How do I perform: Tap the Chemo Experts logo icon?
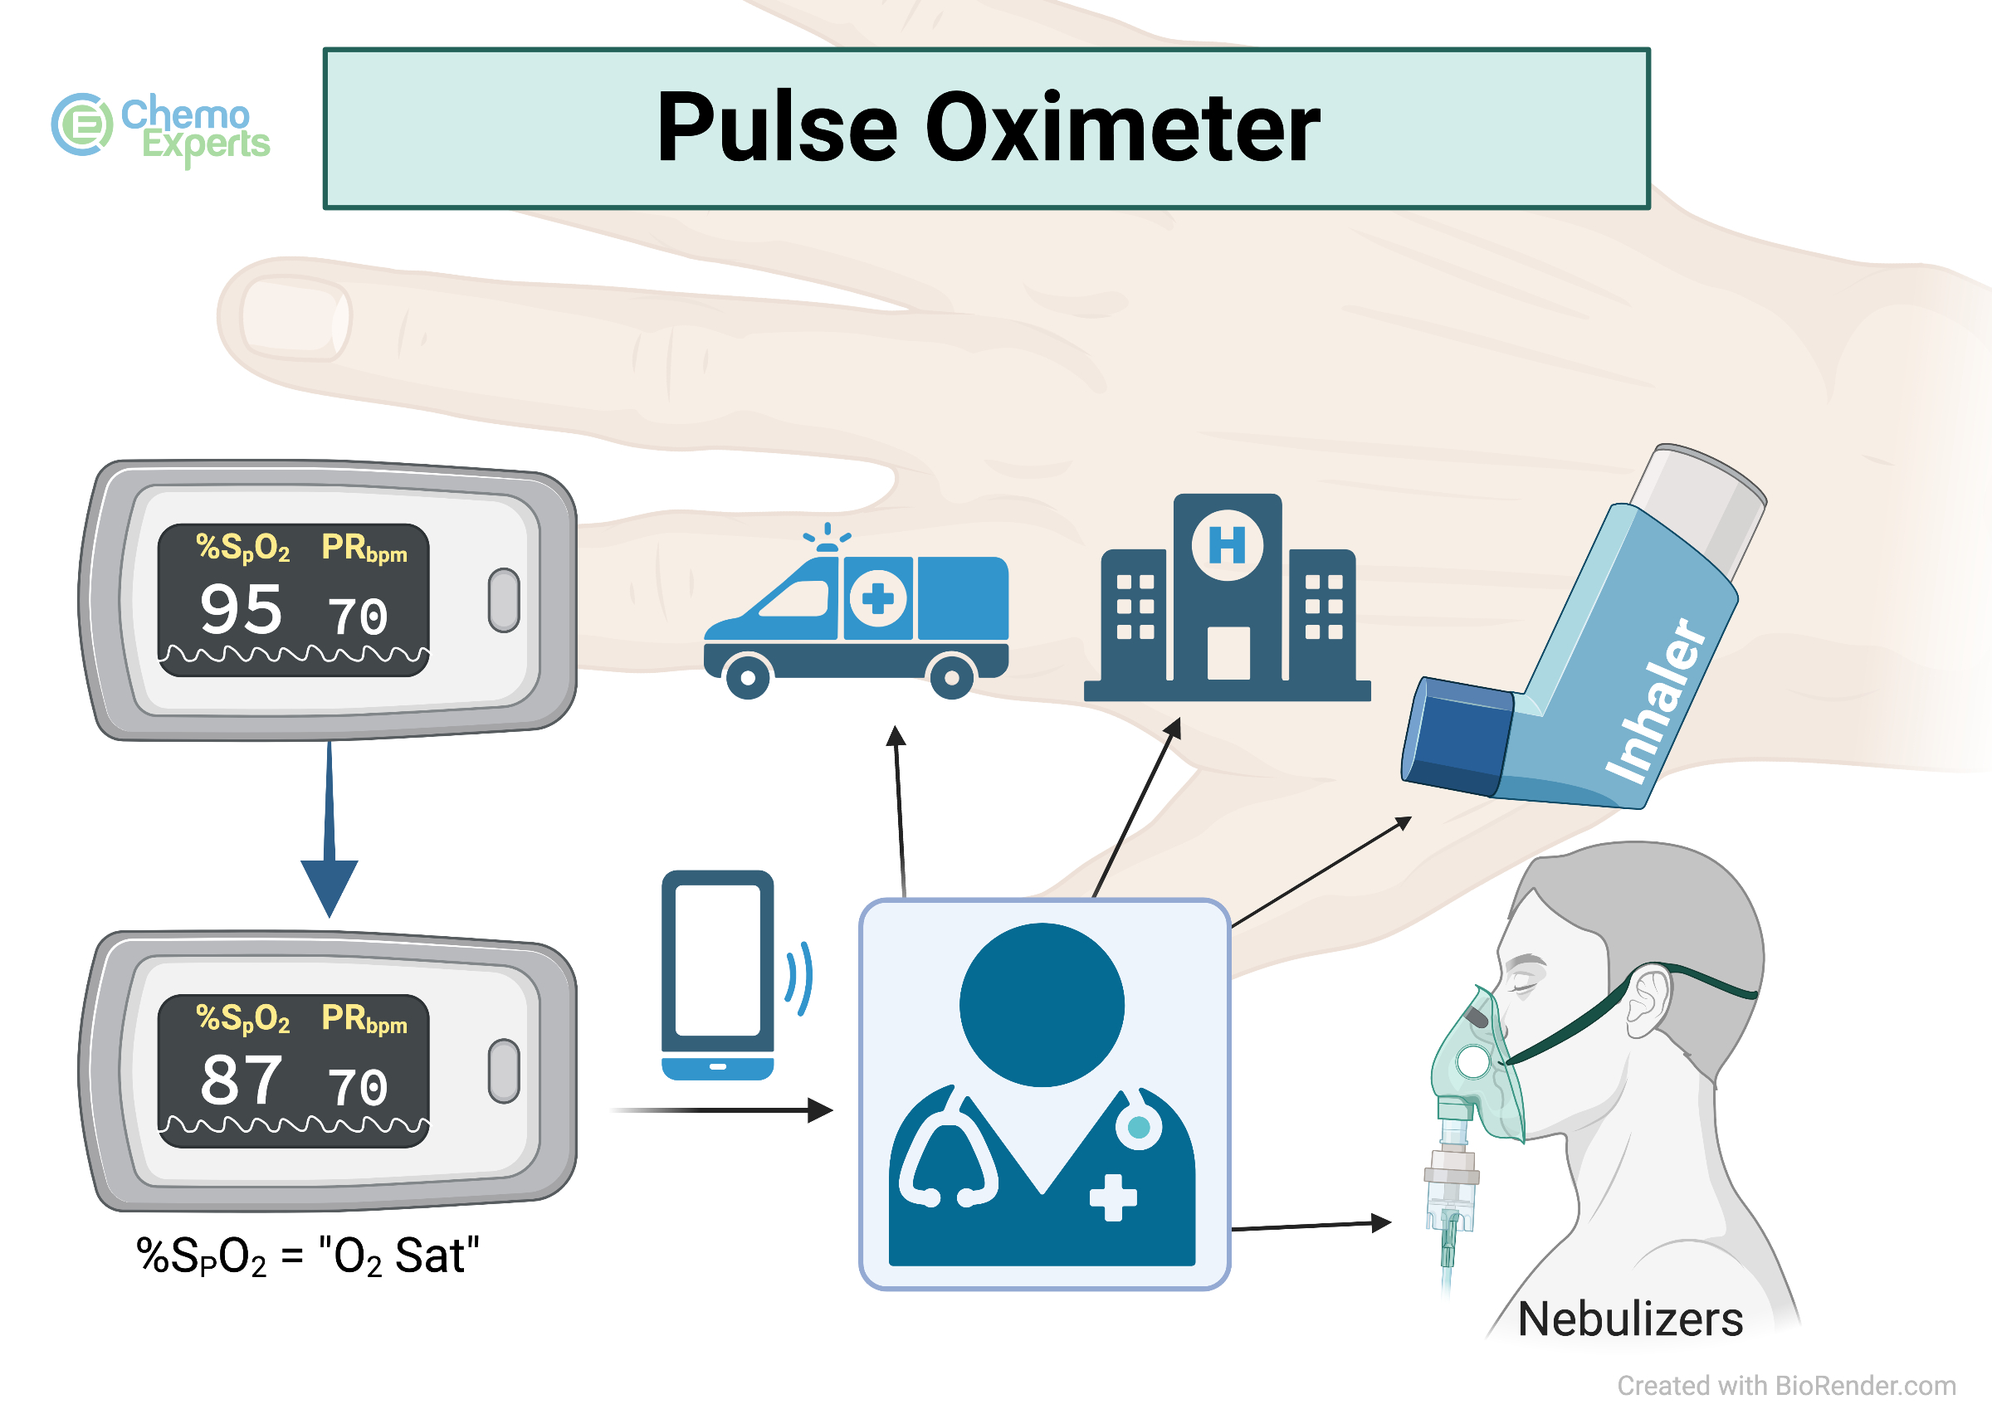tap(82, 125)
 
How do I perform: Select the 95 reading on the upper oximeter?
tap(242, 609)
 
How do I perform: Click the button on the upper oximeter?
tap(503, 600)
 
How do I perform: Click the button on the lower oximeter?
tap(503, 1071)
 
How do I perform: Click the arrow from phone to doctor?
tap(725, 1109)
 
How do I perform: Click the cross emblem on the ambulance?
tap(877, 598)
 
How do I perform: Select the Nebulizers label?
tap(1629, 1319)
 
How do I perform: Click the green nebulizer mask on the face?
tap(1477, 1066)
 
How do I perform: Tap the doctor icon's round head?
tap(1042, 1005)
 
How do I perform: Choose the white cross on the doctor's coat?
tap(1112, 1197)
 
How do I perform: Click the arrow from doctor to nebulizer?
tap(1311, 1225)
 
